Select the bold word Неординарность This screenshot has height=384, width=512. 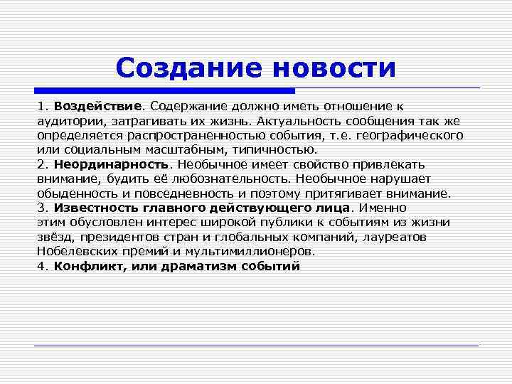pos(104,164)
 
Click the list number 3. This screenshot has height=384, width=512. pos(41,208)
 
